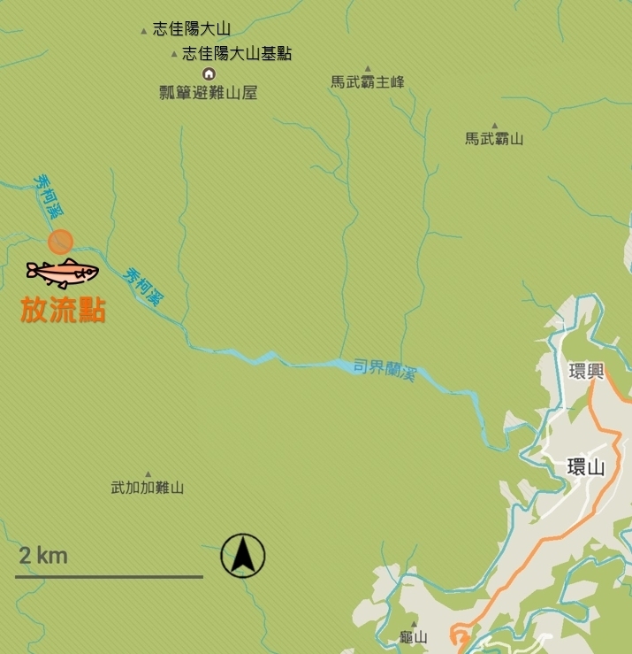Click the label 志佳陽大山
coord(192,29)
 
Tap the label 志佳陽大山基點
coord(237,54)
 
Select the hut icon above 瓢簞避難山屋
coord(209,73)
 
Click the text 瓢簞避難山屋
coord(209,92)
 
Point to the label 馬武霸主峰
coord(368,82)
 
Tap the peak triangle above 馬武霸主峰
coord(368,68)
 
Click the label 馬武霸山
coord(495,139)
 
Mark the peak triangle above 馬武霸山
coord(495,125)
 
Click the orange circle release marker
coord(60,242)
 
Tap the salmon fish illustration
coord(62,273)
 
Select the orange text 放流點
coord(64,311)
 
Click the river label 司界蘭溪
coord(385,368)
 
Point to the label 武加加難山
coord(148,488)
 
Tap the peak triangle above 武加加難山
coord(148,473)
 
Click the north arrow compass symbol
coord(243,557)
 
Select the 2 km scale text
coord(43,556)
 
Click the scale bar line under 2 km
coord(109,577)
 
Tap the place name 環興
coord(585,370)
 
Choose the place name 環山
coord(585,467)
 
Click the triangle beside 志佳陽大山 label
coord(144,31)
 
